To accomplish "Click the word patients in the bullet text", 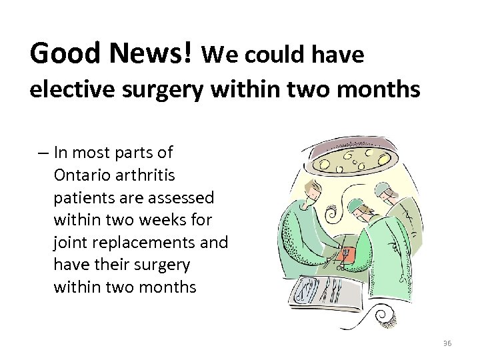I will [x=83, y=197].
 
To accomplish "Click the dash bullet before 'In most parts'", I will [x=43, y=153].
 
